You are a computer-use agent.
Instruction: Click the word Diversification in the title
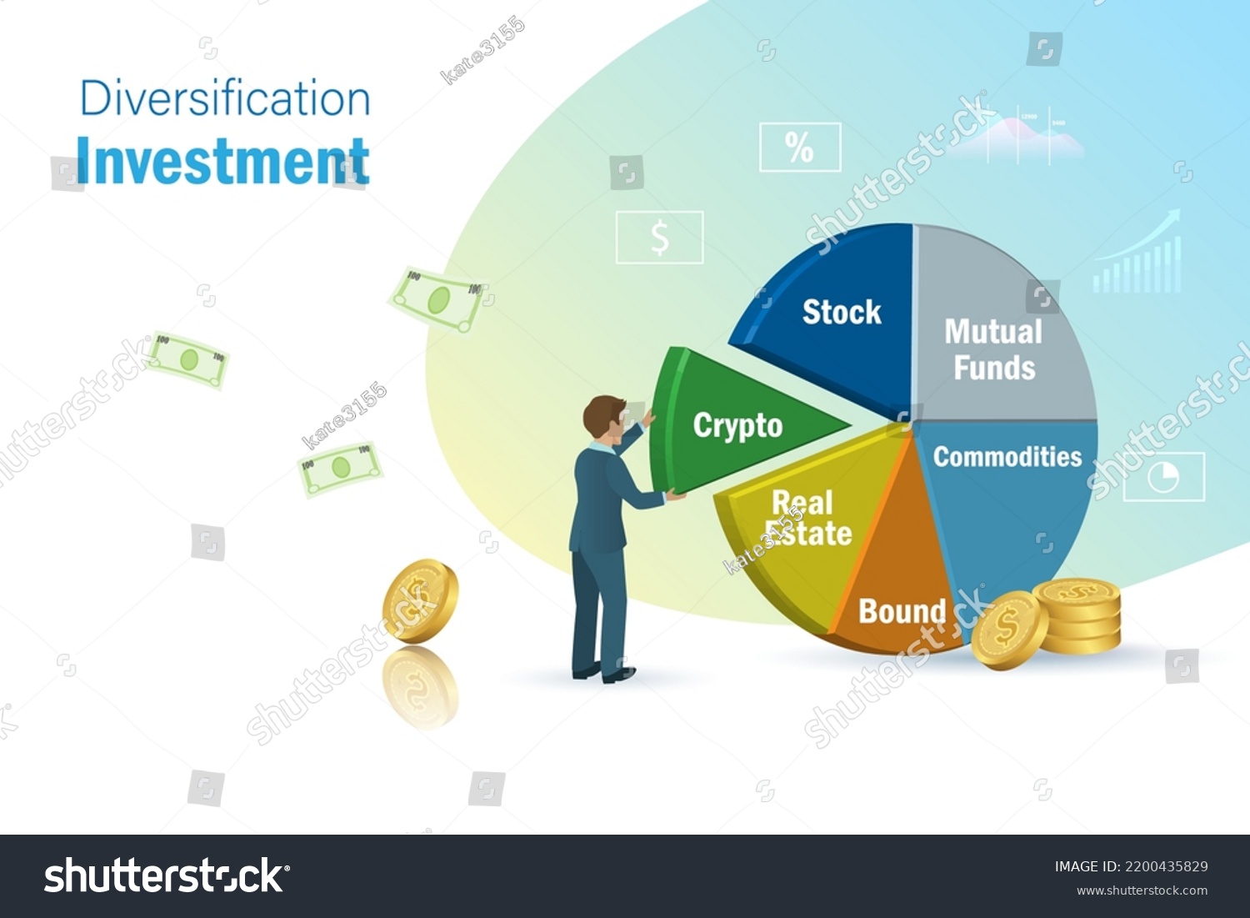click(x=225, y=98)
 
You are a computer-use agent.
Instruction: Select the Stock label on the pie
click(x=842, y=312)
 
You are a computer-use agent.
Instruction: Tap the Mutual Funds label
click(x=993, y=349)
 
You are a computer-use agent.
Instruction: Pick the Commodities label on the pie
click(x=1007, y=456)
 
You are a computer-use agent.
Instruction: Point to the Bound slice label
click(x=902, y=611)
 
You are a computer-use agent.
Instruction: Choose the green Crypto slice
click(x=737, y=425)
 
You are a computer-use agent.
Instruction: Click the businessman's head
click(x=604, y=417)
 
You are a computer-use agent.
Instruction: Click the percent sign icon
click(x=800, y=148)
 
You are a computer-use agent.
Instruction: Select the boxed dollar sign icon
click(x=659, y=238)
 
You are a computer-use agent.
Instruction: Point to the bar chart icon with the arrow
click(x=1138, y=253)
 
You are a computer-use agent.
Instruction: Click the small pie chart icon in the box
click(x=1163, y=477)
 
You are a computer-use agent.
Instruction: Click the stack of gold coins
click(x=1077, y=616)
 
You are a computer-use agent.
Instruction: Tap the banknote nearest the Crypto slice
click(x=438, y=299)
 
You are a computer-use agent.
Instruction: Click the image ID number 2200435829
click(x=1166, y=866)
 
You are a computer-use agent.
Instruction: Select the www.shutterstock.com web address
click(x=1142, y=890)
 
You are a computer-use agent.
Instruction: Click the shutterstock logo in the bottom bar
click(x=167, y=875)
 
